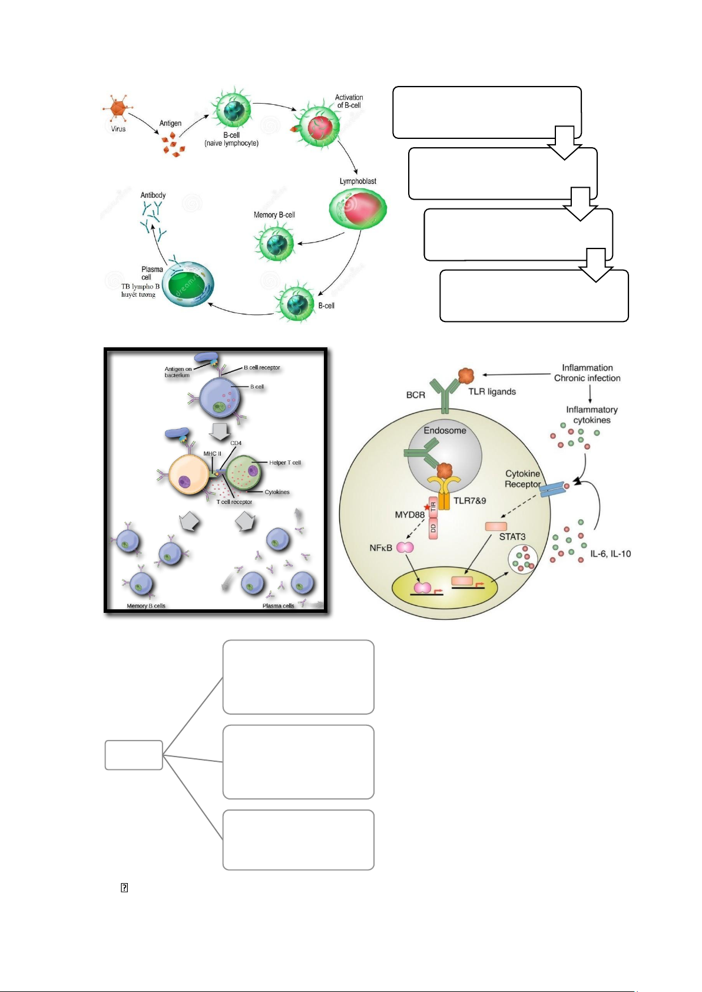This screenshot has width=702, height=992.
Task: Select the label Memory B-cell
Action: [x=274, y=215]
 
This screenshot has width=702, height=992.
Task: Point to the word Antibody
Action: [x=153, y=195]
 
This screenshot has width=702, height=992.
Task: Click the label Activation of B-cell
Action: [x=349, y=101]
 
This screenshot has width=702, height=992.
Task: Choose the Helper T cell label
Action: [x=285, y=463]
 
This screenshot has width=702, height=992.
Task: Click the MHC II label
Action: [x=212, y=454]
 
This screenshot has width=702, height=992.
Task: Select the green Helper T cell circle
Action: [x=243, y=473]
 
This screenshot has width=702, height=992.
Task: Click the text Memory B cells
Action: [x=146, y=606]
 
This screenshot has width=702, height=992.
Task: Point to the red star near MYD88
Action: [x=427, y=507]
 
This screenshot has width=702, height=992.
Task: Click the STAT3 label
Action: [x=512, y=537]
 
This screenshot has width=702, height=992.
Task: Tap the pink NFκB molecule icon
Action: [x=405, y=548]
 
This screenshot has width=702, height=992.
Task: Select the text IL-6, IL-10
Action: [x=610, y=554]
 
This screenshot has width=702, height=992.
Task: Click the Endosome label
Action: [x=445, y=430]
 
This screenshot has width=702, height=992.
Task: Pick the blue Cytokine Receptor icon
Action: [x=552, y=489]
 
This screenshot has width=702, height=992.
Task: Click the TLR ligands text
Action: [x=492, y=392]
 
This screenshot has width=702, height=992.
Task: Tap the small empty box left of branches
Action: [x=134, y=755]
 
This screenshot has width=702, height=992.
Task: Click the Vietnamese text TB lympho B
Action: [x=140, y=287]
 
